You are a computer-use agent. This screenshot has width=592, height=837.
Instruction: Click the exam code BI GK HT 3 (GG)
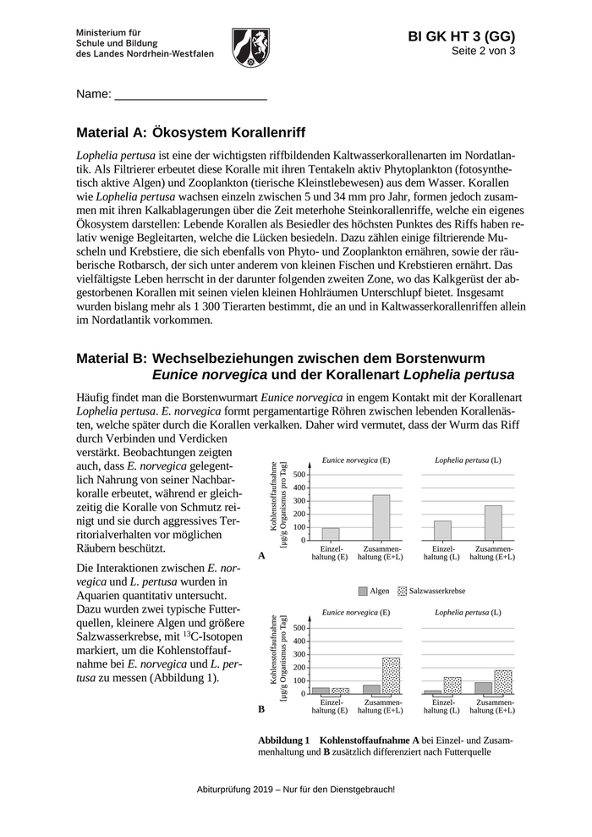click(461, 36)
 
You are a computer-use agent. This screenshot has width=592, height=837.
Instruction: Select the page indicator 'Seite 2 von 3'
click(483, 51)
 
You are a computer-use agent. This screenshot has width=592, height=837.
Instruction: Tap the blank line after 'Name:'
click(190, 95)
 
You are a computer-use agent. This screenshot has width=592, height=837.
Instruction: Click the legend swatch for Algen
click(363, 591)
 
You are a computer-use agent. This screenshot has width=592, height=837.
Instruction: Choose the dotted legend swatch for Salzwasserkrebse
click(403, 591)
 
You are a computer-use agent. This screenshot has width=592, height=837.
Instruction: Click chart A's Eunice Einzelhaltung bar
click(331, 533)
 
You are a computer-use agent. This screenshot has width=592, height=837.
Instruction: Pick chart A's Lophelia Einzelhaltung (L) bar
click(442, 530)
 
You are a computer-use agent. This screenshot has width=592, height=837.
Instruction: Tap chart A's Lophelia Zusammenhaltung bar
click(493, 522)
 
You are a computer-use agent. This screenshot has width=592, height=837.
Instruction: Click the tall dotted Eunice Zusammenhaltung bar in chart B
click(391, 675)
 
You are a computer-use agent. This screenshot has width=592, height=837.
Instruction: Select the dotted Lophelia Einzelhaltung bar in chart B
click(452, 685)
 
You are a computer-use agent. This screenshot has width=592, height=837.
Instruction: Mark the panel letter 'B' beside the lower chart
click(261, 709)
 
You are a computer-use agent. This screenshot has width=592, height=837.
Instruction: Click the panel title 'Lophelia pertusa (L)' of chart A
click(468, 460)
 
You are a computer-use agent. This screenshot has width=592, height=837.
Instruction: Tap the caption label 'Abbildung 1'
click(284, 739)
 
